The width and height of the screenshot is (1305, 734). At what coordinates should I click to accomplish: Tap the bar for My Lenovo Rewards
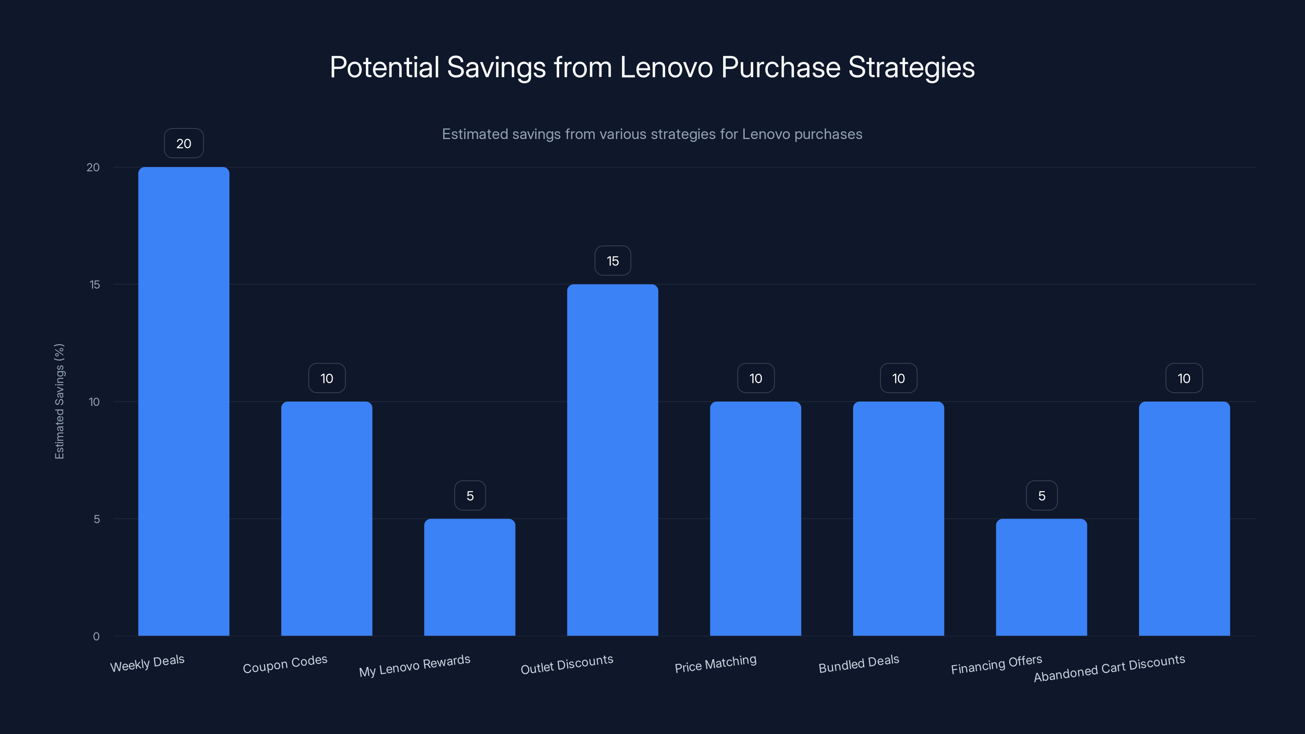(x=470, y=577)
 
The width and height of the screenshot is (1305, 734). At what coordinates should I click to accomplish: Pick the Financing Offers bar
(x=1041, y=577)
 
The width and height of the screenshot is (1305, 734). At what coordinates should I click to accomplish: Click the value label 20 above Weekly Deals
(x=184, y=144)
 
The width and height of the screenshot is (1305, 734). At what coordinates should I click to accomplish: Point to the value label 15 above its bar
(x=613, y=261)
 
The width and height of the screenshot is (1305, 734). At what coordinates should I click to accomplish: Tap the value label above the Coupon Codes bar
(x=327, y=378)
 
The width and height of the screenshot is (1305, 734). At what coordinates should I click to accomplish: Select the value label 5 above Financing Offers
(x=1042, y=495)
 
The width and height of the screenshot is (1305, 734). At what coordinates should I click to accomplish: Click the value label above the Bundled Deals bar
(x=898, y=378)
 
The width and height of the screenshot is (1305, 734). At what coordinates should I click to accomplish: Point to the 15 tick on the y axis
(x=95, y=285)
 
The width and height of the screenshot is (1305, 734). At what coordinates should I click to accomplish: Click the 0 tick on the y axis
(x=96, y=637)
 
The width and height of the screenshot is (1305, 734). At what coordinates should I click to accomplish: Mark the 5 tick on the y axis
(x=97, y=519)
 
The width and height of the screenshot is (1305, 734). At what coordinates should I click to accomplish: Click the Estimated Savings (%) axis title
(x=59, y=401)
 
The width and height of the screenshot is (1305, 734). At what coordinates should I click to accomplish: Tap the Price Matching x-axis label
(x=715, y=663)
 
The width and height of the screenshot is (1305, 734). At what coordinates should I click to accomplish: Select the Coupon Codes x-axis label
(x=285, y=663)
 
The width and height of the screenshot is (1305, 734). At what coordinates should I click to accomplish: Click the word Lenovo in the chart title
(x=666, y=67)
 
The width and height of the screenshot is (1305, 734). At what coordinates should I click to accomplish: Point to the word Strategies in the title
(x=911, y=67)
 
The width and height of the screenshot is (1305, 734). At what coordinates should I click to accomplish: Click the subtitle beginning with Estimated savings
(x=652, y=134)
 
